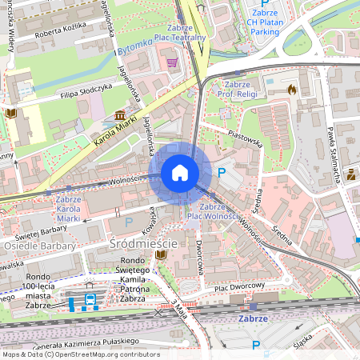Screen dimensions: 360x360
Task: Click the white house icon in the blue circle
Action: click(180, 173)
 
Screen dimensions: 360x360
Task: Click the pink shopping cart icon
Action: click(170, 62)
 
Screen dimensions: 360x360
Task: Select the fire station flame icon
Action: click(291, 90)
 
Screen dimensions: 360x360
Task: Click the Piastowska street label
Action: click(245, 139)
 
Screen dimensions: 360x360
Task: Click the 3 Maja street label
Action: click(178, 310)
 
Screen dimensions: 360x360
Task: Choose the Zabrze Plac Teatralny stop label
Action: click(181, 31)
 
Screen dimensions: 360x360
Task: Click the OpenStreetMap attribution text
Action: click(80, 354)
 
